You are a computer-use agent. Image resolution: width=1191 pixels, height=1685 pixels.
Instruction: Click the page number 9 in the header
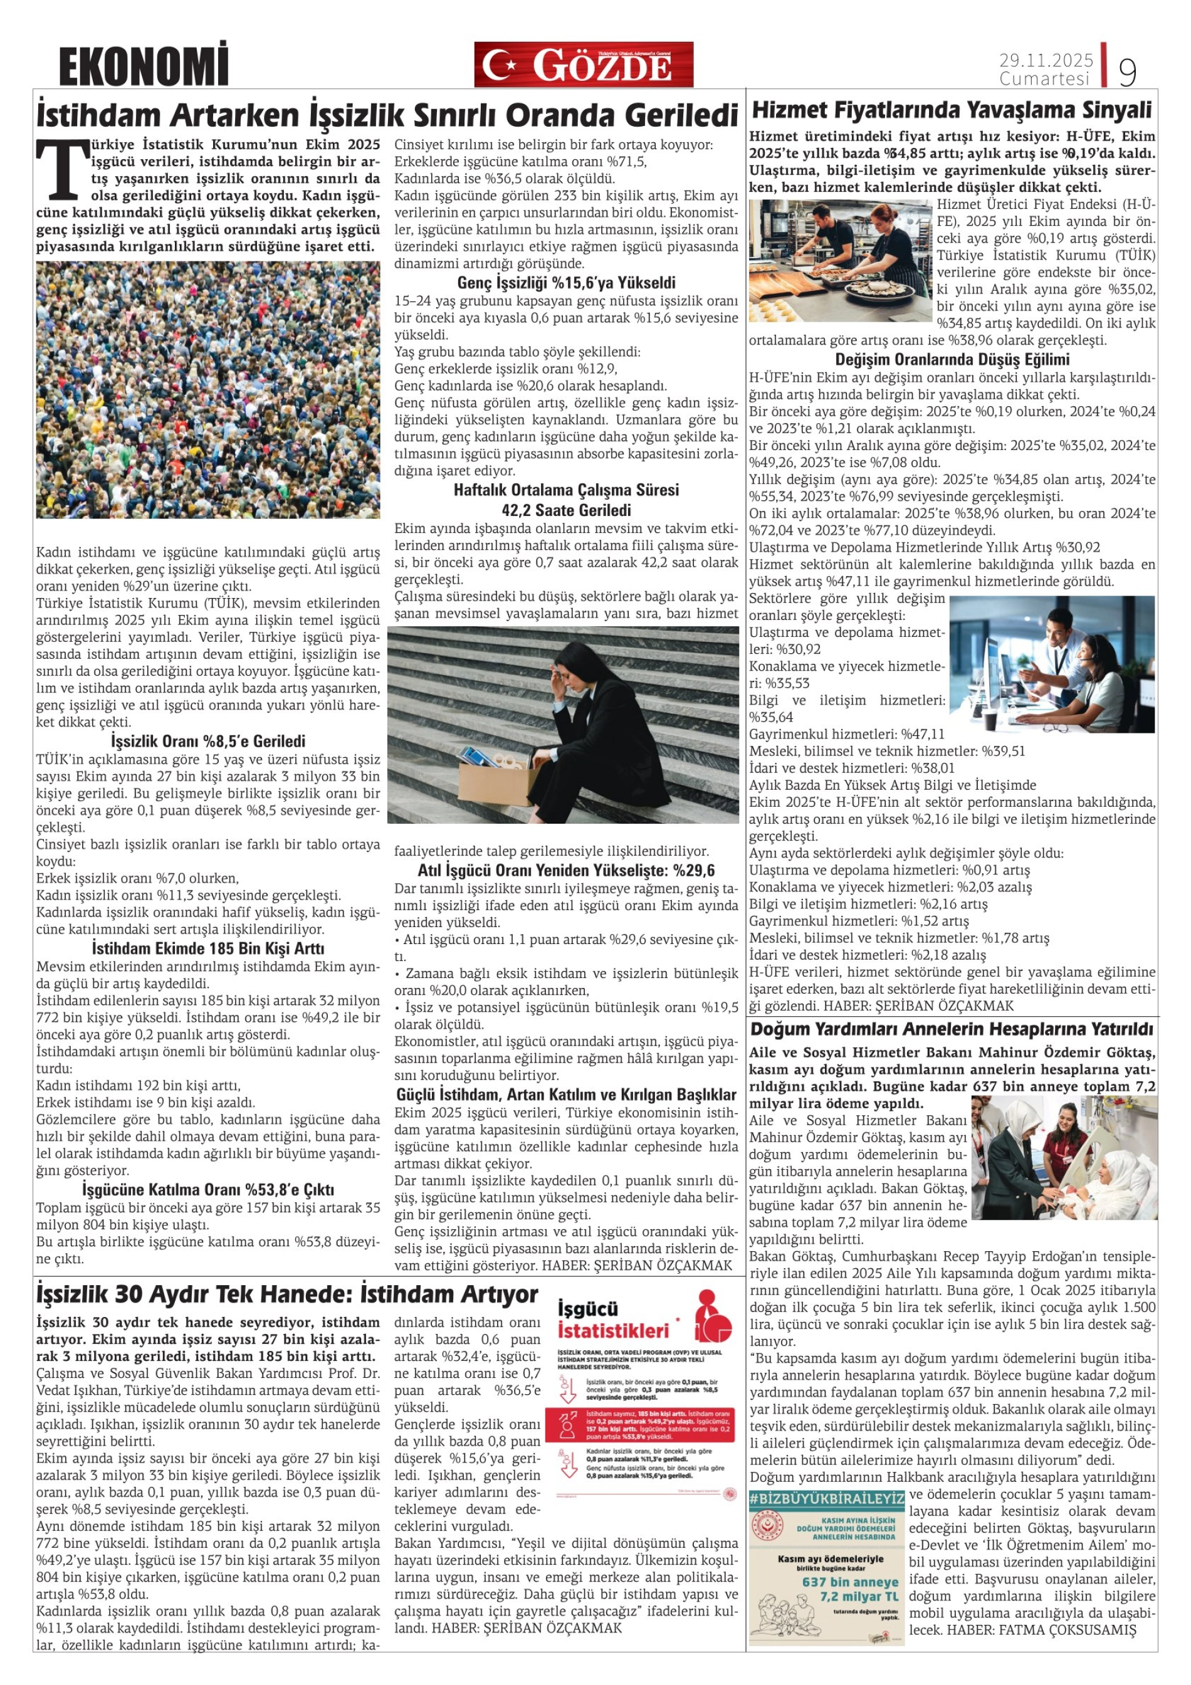[1127, 71]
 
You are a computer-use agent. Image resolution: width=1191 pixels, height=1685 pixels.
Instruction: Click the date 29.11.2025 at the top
[1046, 60]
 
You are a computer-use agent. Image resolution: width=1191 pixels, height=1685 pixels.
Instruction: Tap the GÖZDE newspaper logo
[584, 65]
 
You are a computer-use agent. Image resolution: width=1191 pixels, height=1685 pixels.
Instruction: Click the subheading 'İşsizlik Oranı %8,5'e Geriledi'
[207, 741]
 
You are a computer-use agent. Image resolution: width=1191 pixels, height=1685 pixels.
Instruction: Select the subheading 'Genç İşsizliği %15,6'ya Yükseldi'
[567, 283]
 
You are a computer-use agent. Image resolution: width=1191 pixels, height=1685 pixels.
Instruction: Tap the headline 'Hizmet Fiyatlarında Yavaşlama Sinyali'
[952, 111]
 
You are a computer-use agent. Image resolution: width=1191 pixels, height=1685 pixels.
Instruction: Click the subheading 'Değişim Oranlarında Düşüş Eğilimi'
[952, 360]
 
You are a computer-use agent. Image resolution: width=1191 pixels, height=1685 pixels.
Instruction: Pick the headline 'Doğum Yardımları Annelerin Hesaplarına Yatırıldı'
[952, 1029]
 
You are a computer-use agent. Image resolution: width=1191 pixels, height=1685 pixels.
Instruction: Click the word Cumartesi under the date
[1044, 78]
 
